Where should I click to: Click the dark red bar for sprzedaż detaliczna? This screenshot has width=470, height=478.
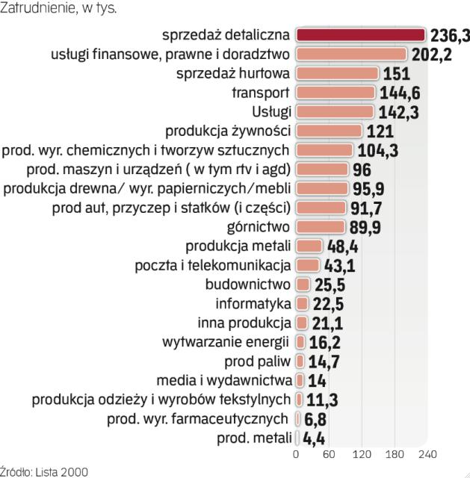point(361,35)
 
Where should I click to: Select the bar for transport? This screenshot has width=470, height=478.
point(336,92)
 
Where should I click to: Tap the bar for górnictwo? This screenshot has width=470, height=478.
point(321,226)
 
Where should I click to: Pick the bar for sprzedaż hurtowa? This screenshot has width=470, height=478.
point(337,73)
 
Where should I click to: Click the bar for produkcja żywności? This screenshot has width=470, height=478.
point(329,131)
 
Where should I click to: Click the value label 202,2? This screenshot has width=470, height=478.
point(431,55)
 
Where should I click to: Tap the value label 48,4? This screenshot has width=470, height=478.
point(342,246)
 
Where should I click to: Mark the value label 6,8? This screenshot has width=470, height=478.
point(315,418)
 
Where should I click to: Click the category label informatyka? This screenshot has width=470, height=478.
point(253,304)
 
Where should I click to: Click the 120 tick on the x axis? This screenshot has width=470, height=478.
point(362,454)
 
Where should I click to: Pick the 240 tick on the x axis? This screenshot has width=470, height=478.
point(427,454)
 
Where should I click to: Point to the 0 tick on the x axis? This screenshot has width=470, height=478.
point(296,454)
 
